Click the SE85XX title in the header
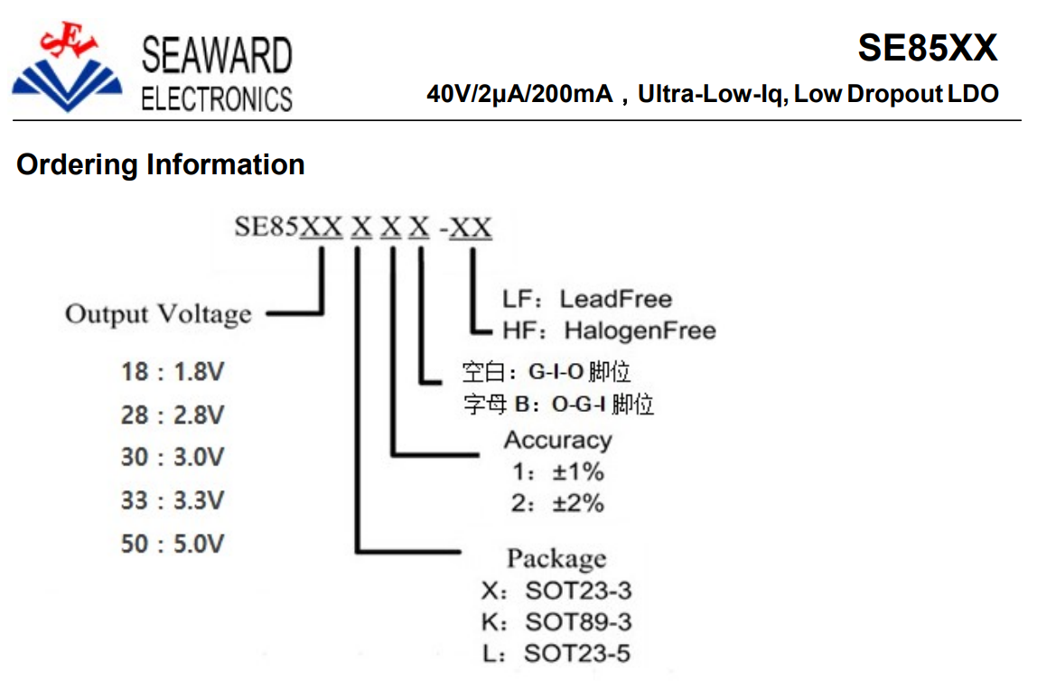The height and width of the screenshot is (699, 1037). [x=927, y=48]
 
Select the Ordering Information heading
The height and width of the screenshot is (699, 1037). [x=161, y=164]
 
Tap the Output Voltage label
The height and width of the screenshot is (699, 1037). [x=159, y=314]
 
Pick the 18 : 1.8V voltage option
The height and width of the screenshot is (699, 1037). [x=173, y=372]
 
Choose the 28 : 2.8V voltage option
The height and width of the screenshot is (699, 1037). [x=173, y=415]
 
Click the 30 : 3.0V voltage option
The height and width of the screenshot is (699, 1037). [x=173, y=457]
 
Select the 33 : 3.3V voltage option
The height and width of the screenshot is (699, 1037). [x=173, y=500]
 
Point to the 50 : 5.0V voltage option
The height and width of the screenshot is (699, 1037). [x=173, y=544]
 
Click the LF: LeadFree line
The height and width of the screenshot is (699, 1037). [x=587, y=299]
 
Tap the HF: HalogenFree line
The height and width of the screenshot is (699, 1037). [x=609, y=330]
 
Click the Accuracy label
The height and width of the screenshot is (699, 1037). [x=558, y=441]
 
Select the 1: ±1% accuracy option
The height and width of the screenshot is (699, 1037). [x=558, y=472]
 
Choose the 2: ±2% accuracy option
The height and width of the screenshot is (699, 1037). [x=557, y=503]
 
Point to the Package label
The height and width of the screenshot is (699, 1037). [x=556, y=559]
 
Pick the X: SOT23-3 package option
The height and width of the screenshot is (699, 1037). [x=556, y=590]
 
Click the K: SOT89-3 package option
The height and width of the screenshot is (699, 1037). [x=556, y=621]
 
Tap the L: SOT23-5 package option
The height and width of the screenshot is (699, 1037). [x=556, y=653]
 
